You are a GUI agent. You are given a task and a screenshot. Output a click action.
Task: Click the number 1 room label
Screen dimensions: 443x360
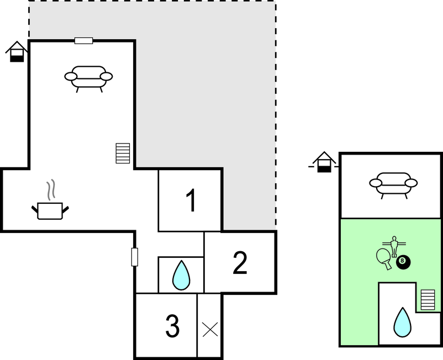(191, 200)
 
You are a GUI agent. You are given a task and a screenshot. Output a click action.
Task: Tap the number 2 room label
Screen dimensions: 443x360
(240, 263)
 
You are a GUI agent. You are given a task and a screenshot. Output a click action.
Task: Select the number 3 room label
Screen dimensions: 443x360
(172, 326)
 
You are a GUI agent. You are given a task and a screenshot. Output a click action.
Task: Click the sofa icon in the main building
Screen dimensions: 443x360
(88, 79)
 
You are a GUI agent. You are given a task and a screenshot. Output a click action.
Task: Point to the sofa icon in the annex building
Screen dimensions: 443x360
(393, 186)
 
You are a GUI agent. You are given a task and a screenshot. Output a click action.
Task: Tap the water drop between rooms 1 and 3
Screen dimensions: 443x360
(181, 276)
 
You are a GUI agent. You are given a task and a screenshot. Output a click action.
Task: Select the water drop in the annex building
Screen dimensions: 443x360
(402, 322)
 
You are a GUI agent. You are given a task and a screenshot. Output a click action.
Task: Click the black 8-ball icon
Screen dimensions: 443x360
(403, 262)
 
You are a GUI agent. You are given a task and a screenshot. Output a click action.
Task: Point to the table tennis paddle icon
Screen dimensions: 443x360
(384, 258)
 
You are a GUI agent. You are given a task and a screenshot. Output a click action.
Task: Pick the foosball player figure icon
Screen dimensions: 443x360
(394, 246)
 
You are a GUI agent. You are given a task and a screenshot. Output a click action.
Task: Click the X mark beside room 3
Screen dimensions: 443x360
(210, 330)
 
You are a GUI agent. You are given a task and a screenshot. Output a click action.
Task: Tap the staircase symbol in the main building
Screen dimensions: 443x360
(123, 153)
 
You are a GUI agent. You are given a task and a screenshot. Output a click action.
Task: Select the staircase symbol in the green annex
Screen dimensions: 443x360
(428, 300)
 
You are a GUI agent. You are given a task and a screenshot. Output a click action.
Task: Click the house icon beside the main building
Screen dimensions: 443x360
(17, 51)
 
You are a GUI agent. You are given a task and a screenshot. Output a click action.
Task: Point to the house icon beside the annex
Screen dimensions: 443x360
(324, 162)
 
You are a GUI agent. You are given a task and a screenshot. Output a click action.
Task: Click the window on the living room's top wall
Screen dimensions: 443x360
(83, 41)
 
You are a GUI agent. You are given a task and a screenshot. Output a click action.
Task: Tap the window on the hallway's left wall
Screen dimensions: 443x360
(135, 257)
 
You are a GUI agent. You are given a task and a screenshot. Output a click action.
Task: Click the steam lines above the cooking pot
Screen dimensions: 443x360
(51, 190)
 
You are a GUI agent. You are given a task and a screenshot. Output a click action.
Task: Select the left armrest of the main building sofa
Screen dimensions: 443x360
(71, 76)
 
